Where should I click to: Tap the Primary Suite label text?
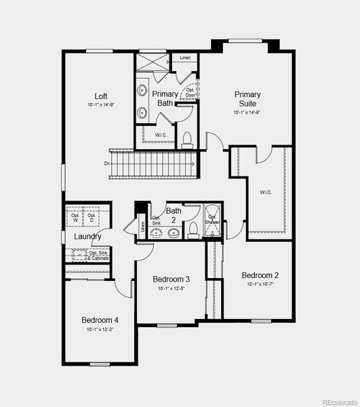tap(248, 98)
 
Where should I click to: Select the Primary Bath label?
tap(165, 98)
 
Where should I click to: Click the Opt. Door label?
tap(191, 92)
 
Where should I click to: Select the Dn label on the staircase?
tap(107, 163)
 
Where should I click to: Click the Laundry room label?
tap(88, 236)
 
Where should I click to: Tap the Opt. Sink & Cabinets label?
tap(98, 256)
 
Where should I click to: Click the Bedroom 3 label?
tap(171, 279)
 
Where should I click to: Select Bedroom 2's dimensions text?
tap(260, 284)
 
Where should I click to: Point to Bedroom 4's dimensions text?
tap(100, 329)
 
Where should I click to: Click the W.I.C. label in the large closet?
tap(265, 192)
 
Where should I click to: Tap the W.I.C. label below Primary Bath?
tap(161, 134)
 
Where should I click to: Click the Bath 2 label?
tap(174, 215)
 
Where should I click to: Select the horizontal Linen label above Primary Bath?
tap(185, 58)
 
